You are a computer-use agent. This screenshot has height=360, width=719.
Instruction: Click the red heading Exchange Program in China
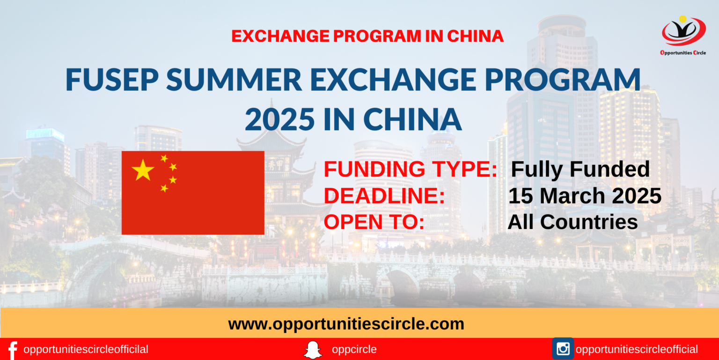tap(367, 36)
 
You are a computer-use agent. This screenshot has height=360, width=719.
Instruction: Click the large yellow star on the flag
tap(143, 170)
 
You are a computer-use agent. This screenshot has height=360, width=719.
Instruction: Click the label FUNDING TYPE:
tap(410, 170)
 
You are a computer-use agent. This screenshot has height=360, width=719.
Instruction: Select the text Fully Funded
tap(580, 169)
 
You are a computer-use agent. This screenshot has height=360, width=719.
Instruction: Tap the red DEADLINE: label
tap(384, 196)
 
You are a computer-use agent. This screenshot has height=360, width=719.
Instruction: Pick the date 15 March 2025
tap(585, 196)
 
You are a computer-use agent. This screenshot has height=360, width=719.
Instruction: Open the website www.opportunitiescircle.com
tap(346, 323)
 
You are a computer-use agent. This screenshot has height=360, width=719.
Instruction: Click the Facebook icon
tap(12, 350)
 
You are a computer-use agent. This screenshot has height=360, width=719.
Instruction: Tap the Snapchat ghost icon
tap(313, 350)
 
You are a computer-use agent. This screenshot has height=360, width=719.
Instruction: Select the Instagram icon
tap(563, 349)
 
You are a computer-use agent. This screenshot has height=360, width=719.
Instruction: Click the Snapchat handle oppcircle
tap(354, 350)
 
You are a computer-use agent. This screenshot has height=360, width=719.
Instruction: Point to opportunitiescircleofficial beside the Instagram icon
tap(637, 350)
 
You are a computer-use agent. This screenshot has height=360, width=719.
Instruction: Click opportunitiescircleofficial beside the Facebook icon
tap(86, 350)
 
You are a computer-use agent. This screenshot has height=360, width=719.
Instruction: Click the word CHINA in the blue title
tap(412, 119)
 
